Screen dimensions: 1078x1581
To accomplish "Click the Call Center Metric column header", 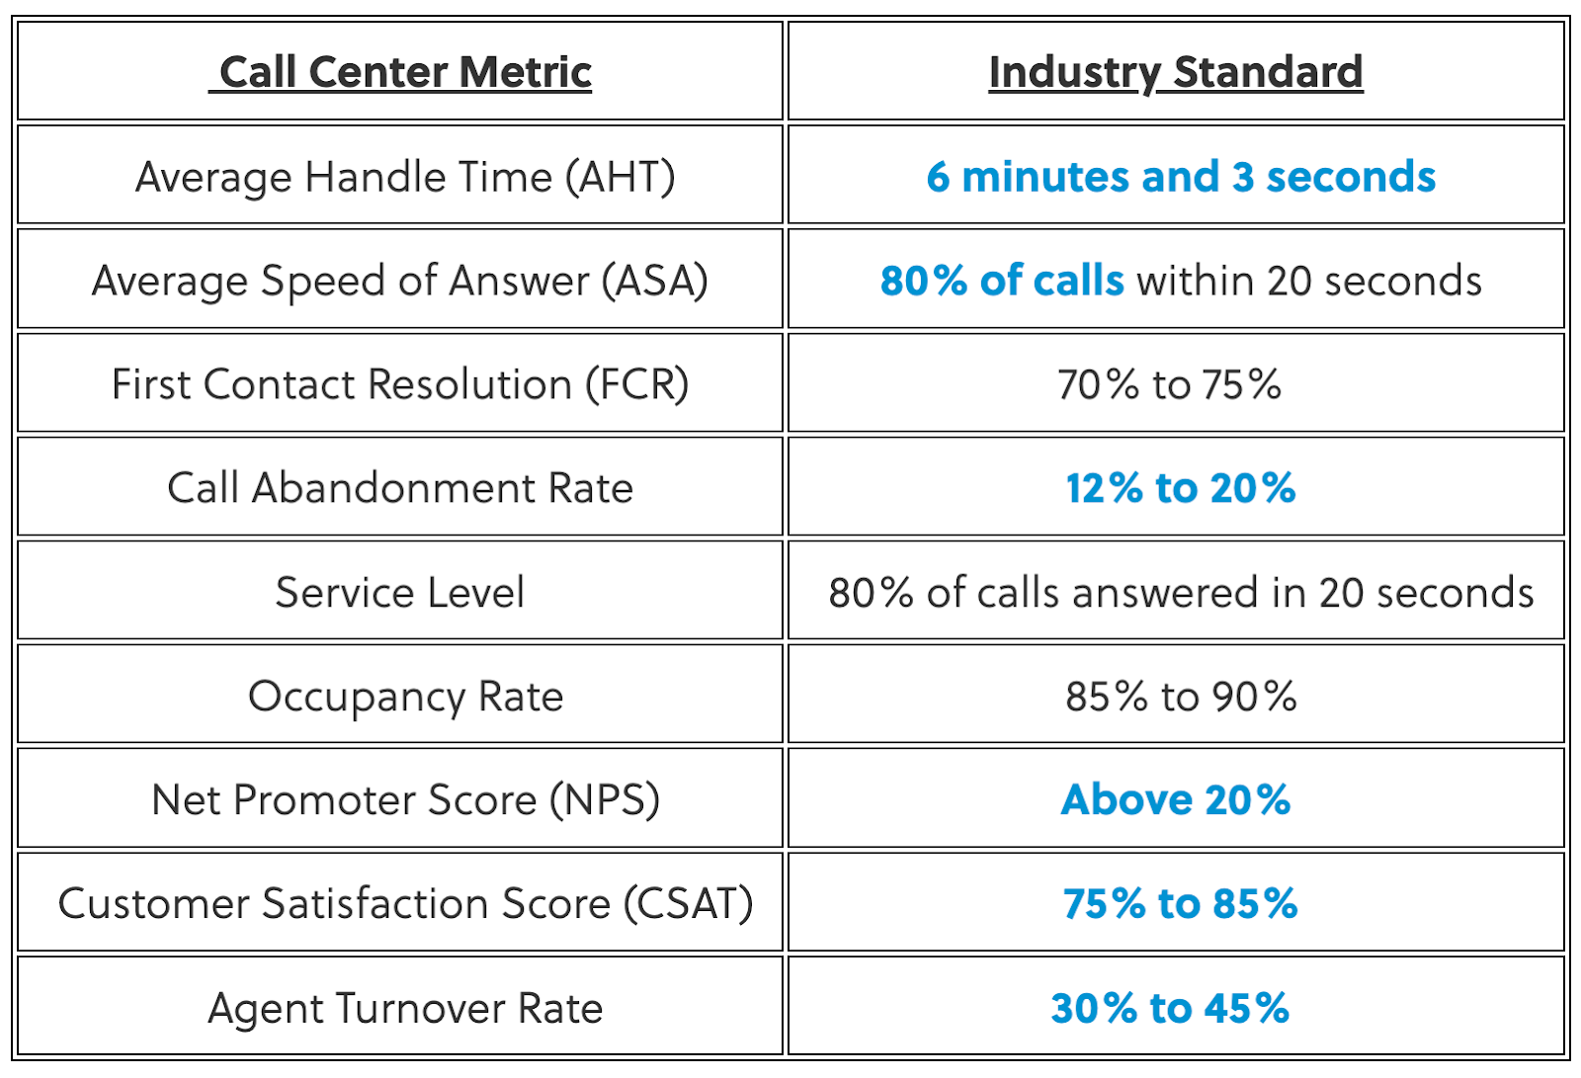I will [400, 72].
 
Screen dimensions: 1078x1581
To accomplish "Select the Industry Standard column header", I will [1176, 72].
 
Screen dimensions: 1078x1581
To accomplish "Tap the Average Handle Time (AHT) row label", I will [405, 178].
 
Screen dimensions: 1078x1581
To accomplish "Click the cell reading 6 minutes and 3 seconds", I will [1181, 178].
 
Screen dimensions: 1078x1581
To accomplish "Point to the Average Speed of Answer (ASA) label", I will [400, 282].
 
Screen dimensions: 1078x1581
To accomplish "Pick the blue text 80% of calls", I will [1002, 282].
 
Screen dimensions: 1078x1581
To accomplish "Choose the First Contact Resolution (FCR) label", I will [400, 384].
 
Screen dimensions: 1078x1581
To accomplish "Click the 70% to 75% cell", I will [1169, 384].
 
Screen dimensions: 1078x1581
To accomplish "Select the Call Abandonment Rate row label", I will [400, 488].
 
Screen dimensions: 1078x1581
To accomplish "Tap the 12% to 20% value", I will [1181, 488].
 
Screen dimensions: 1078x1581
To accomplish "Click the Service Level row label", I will [400, 593].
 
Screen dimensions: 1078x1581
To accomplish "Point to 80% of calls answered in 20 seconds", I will [1181, 593].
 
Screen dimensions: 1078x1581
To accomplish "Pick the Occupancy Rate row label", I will [405, 697].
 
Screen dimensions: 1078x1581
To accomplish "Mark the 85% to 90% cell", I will [1181, 697].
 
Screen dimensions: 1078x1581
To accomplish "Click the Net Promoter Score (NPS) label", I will [405, 800].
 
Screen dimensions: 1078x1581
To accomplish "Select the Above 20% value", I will [1176, 800].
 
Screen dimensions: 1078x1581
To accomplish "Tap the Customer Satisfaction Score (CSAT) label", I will [405, 904].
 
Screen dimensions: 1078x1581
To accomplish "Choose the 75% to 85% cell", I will [1181, 904].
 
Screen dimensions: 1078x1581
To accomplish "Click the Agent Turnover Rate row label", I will [405, 1009].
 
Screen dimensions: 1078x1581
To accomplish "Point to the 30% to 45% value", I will [1170, 1009].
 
